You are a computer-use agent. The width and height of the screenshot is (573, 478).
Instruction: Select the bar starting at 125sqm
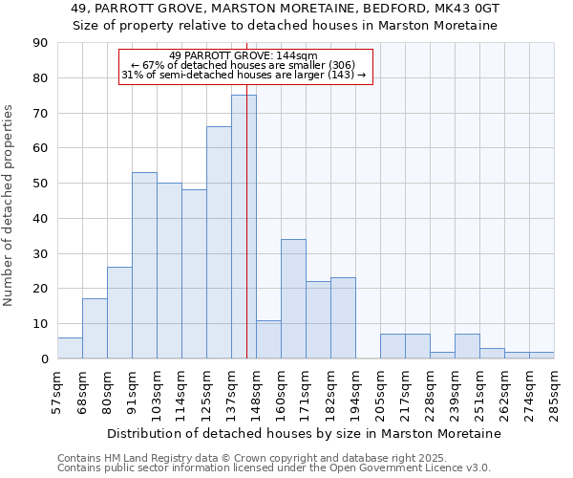coord(219,243)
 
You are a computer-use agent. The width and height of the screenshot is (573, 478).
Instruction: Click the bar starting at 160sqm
coord(293,299)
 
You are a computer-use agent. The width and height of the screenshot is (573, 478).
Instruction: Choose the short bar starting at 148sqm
coord(268,339)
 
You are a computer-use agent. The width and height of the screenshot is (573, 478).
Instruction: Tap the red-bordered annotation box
coord(244,66)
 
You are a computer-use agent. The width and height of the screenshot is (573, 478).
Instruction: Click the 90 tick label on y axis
coord(40,43)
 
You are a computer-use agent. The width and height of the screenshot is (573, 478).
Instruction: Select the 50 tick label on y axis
coord(40,184)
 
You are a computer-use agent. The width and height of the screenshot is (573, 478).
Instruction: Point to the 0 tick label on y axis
coord(44,359)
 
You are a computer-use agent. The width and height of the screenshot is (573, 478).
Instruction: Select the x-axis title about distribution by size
coord(305,433)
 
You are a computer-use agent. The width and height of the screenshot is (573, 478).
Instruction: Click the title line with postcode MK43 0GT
coord(286,9)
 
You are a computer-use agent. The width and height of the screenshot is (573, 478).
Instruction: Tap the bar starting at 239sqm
coord(467,346)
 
